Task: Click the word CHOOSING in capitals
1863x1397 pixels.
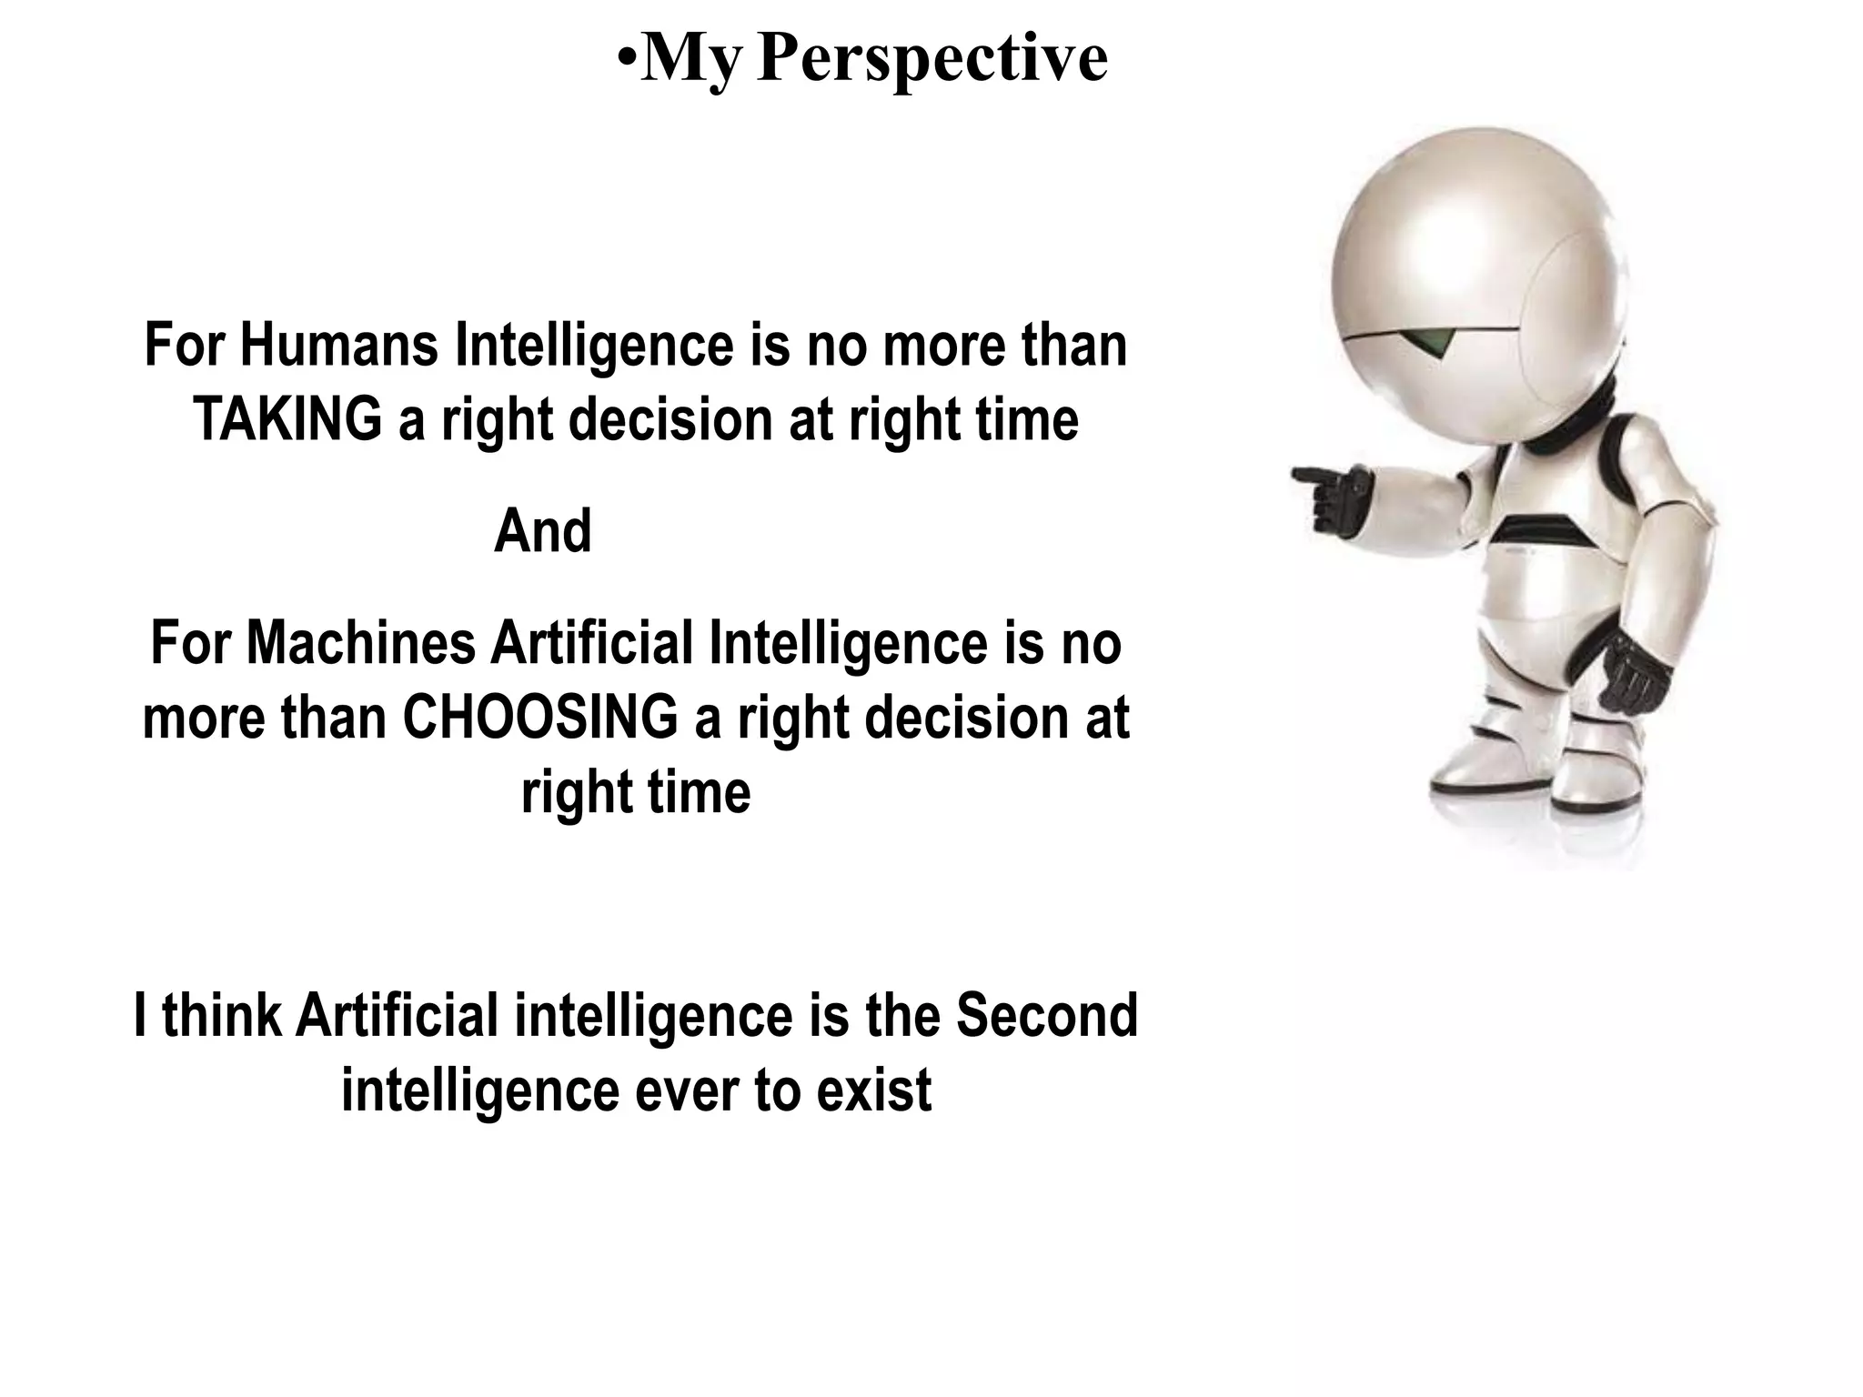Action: (x=540, y=718)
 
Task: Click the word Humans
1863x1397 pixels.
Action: (x=339, y=346)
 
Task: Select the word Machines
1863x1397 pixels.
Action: (x=361, y=643)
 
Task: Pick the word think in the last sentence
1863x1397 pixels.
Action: (x=222, y=1015)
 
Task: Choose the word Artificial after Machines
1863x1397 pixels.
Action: (x=593, y=643)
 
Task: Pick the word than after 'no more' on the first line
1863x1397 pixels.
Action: (x=1074, y=346)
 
